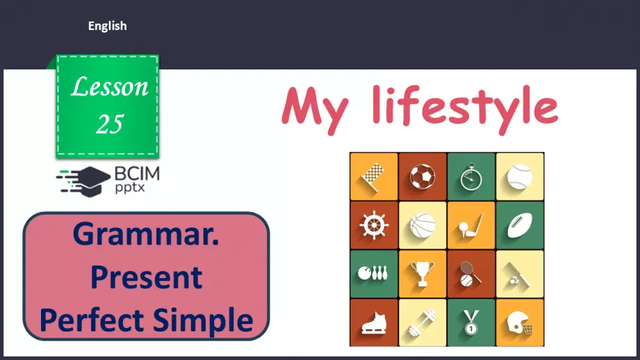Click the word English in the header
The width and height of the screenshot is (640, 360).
(107, 26)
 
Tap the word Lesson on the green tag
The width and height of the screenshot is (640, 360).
(110, 88)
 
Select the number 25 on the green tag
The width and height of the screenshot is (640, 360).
(110, 124)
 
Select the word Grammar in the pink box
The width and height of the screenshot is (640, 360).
(145, 235)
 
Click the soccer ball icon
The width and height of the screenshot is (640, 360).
(422, 177)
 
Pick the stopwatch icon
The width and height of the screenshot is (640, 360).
(471, 177)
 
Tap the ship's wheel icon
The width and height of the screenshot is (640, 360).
(374, 225)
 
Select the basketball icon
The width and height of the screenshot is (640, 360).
(422, 225)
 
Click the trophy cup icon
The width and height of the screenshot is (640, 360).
(422, 274)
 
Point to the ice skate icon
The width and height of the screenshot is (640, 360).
(374, 322)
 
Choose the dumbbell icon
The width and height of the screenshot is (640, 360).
(422, 322)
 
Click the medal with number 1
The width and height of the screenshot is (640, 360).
(471, 322)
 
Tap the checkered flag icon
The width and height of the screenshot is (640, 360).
(374, 177)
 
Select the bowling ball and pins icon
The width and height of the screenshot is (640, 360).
(374, 274)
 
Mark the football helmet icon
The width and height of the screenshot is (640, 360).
(520, 322)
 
